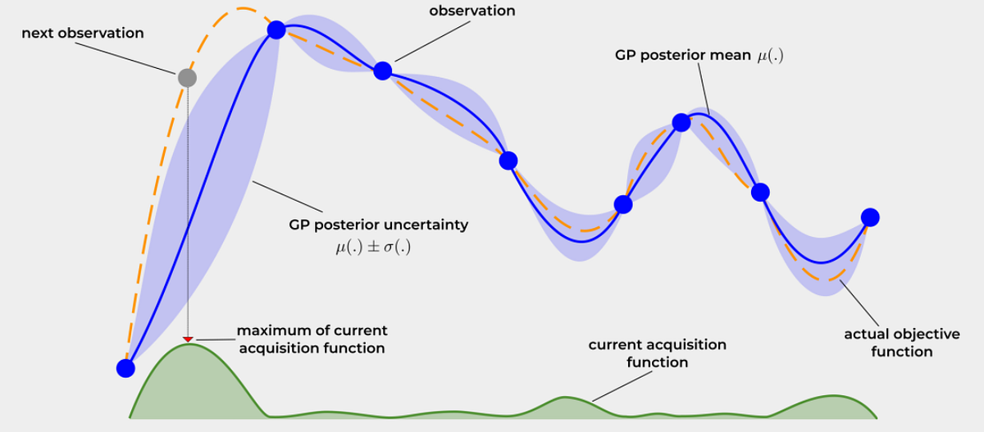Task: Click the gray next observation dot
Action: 187,78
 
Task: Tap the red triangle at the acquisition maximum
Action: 188,339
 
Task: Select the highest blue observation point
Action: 276,30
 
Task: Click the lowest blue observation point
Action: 125,368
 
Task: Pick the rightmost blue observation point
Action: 870,217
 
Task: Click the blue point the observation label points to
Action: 382,70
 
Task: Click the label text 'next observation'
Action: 83,34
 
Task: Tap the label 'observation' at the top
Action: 472,11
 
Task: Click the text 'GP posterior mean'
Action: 681,57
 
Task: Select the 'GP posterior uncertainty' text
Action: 377,225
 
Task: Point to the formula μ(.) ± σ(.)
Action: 368,245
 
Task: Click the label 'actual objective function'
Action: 889,343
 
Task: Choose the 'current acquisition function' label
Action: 658,353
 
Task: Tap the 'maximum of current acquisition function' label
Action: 312,339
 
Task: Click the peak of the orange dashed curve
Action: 240,9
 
